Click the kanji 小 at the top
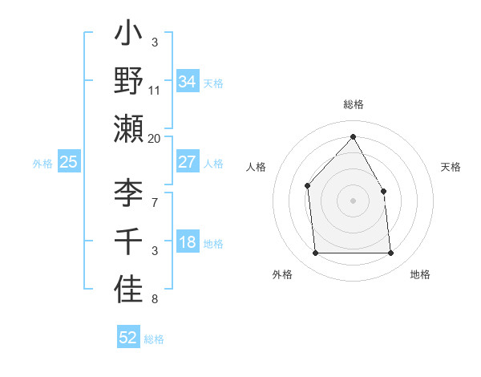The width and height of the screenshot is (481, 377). tap(129, 35)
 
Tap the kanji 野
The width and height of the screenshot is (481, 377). tap(129, 82)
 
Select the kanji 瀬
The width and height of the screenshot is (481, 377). tap(129, 128)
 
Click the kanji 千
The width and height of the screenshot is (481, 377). tap(129, 241)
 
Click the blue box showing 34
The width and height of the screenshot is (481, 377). tap(187, 81)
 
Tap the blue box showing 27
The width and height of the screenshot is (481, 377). tap(187, 162)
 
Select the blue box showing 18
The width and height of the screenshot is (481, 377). tap(187, 243)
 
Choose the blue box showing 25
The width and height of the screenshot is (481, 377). tap(68, 162)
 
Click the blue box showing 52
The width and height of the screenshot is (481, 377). tap(127, 338)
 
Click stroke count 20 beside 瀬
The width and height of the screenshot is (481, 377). tap(155, 138)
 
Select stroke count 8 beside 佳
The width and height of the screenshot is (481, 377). tap(155, 300)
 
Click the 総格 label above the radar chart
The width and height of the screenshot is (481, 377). tap(353, 104)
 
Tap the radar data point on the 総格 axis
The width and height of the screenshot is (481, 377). tap(353, 136)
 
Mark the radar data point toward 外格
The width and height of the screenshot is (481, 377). tap(315, 253)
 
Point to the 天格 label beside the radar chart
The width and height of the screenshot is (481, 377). tap(451, 167)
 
